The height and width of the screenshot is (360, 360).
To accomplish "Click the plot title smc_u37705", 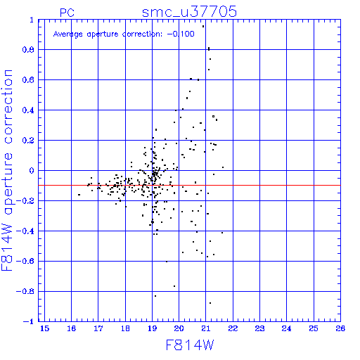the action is tap(189, 12).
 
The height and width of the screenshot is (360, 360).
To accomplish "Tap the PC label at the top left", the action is tap(67, 13).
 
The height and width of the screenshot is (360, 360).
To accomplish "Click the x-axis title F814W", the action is tap(190, 345).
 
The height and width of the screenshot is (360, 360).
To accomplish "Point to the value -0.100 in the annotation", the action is tap(181, 34).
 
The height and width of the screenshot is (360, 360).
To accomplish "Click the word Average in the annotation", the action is tap(68, 34).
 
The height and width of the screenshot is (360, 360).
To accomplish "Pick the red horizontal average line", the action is tap(189, 186).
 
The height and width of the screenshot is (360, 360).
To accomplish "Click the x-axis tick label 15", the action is tap(44, 328).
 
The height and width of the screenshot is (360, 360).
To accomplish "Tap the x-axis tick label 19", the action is tap(152, 328).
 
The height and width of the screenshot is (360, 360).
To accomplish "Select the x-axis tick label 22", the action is tap(233, 328).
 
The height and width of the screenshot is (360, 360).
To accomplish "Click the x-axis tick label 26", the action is tap(340, 328).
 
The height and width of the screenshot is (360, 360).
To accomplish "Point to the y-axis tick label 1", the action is tap(32, 20).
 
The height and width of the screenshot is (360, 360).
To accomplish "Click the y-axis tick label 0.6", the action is tap(28, 80).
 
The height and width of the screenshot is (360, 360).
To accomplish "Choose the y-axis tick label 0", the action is tap(32, 171).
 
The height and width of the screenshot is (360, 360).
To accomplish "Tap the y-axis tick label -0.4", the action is tap(25, 231).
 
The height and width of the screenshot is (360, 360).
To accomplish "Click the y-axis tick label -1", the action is tap(29, 321).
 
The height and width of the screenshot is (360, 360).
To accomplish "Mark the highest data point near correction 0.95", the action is tap(203, 27).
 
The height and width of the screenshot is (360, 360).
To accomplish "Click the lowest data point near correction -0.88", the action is tap(210, 303).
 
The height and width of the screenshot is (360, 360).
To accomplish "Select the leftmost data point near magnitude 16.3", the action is tap(79, 195).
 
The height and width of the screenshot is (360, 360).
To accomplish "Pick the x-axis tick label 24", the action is tap(286, 328).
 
